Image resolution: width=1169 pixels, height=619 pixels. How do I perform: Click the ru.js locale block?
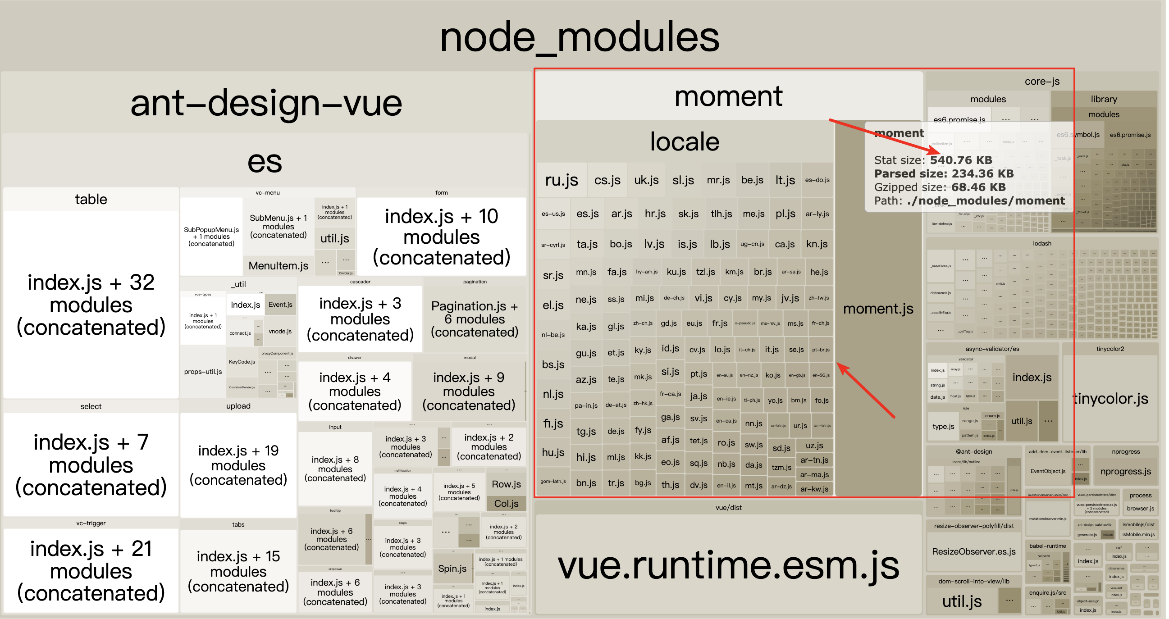[562, 180]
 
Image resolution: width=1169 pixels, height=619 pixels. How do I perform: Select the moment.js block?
[878, 309]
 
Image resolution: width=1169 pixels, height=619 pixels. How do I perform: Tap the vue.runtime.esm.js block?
[728, 565]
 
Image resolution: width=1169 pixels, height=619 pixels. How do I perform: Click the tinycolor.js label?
[1110, 398]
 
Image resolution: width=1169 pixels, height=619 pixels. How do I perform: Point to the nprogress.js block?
[1125, 471]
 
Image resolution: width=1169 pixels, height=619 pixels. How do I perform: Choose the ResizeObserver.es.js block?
[973, 551]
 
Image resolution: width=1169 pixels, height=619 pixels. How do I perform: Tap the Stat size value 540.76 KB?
[961, 160]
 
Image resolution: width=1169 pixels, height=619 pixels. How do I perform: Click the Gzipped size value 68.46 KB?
[978, 187]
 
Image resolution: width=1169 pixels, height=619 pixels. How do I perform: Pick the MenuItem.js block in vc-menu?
[278, 265]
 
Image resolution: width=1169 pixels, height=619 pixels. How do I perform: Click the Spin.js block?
[452, 568]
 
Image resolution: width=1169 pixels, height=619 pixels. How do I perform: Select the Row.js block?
[506, 484]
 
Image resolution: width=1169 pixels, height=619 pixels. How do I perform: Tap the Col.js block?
[506, 503]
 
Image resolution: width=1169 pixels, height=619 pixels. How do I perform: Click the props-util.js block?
[203, 372]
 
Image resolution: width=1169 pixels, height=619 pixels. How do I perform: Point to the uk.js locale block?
[646, 180]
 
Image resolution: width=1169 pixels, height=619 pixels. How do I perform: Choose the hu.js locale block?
[553, 452]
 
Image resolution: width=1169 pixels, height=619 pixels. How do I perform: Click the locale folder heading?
[685, 141]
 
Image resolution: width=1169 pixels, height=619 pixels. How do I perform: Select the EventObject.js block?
[1047, 471]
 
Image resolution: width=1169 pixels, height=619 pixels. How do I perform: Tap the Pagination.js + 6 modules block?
[474, 319]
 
